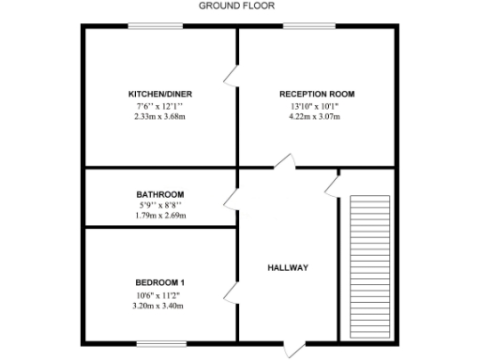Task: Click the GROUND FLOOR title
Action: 231,6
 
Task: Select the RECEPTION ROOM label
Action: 316,94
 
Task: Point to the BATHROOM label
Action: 159,194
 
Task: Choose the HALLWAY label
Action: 288,267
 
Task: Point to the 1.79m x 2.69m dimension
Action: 160,216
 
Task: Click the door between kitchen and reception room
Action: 231,74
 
